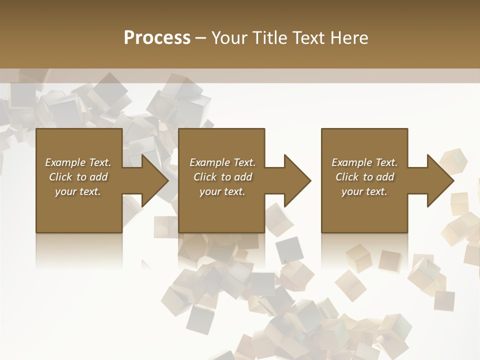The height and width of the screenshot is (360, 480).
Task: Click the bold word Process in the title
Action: (157, 38)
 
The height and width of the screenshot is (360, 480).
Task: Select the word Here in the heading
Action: (348, 38)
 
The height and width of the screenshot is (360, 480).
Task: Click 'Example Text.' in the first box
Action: (78, 162)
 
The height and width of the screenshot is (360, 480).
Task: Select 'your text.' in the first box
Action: (78, 191)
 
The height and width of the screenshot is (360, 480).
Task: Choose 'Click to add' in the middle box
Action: (222, 177)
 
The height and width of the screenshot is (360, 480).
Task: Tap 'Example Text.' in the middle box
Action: (222, 162)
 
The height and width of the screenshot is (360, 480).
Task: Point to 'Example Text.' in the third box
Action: (364, 162)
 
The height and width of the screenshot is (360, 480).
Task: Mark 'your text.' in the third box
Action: (364, 191)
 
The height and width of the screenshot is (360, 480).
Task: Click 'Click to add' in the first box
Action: (78, 177)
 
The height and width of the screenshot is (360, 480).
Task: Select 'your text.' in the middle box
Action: (222, 191)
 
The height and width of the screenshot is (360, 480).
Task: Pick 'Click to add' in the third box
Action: (364, 177)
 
